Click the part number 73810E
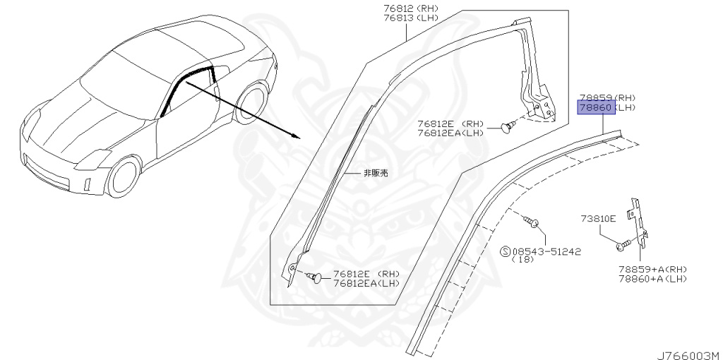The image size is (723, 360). tap(598, 219)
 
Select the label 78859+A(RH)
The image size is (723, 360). tap(652, 269)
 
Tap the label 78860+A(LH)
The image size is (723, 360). tap(652, 279)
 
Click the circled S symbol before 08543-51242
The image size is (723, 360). tap(506, 251)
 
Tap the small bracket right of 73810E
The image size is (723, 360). tap(641, 219)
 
